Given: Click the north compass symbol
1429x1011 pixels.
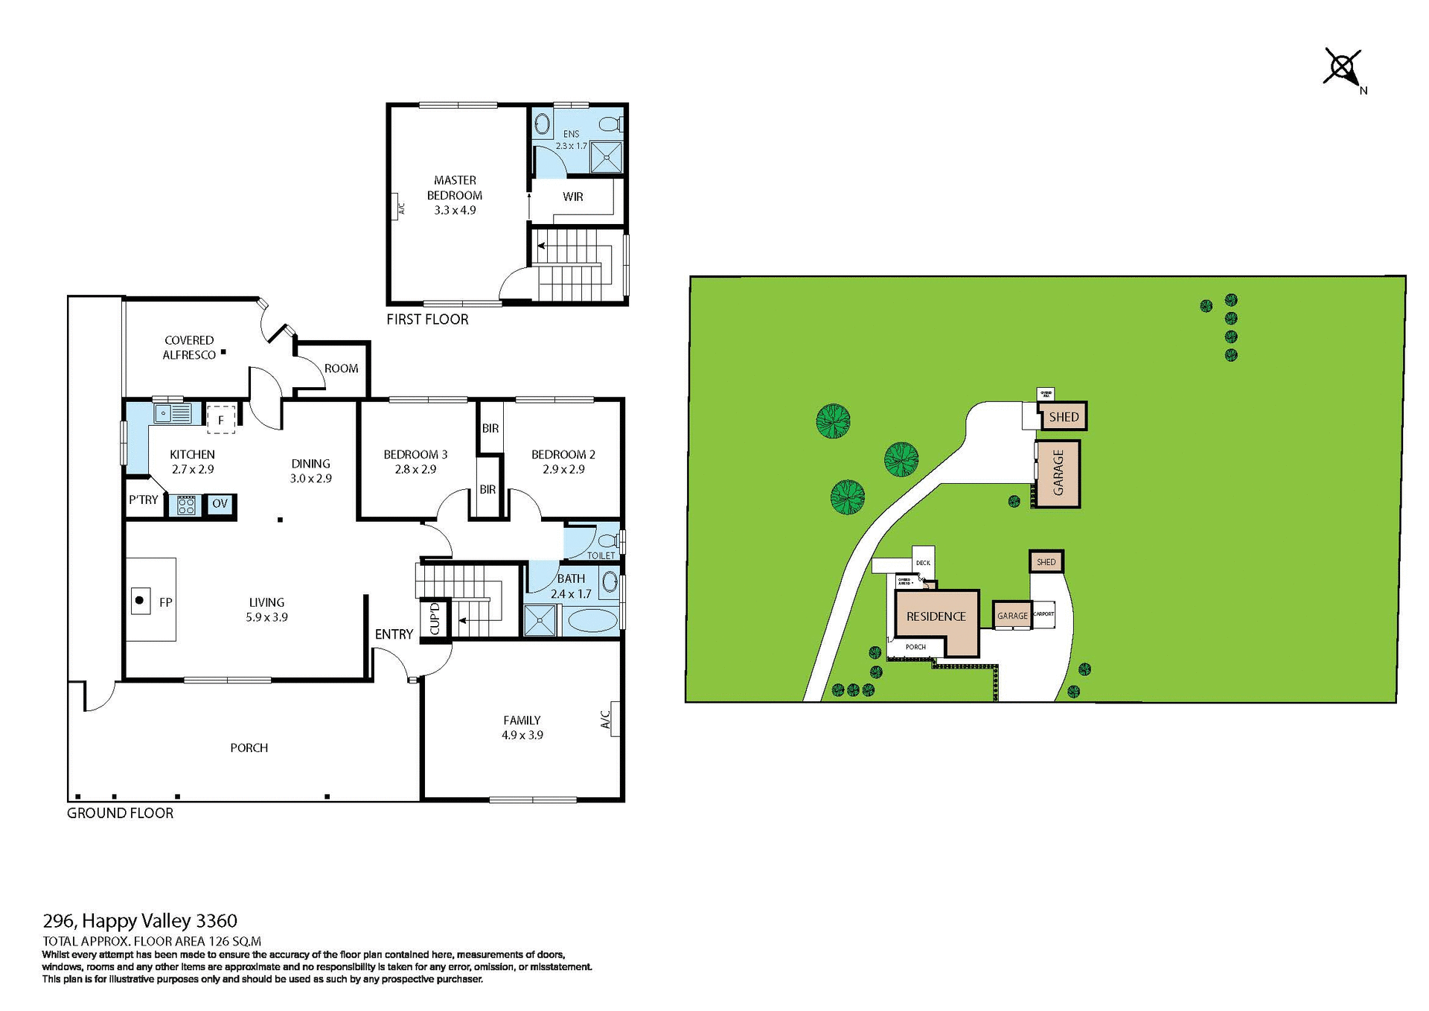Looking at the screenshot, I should (x=1343, y=69).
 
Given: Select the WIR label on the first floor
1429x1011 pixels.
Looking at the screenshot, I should (x=572, y=197).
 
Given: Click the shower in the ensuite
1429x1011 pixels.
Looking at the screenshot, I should (x=607, y=157).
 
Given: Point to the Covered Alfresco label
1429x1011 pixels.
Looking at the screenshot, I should (x=189, y=348).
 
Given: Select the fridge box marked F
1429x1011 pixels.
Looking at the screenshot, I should (x=221, y=420).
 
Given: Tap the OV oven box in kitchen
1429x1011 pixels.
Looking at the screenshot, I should (x=220, y=504).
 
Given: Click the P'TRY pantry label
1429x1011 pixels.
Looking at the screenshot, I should (x=143, y=500).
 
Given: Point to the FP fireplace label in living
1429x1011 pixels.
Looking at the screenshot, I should (x=165, y=602).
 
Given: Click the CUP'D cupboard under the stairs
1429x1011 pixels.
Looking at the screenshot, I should (x=435, y=619).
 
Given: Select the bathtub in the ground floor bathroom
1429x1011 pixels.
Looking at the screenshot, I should (x=592, y=620).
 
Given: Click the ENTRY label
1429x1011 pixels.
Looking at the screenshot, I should (x=394, y=634).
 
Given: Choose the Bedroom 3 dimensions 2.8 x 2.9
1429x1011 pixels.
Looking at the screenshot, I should (x=415, y=470).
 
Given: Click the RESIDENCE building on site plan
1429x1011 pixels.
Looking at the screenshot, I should (x=936, y=617).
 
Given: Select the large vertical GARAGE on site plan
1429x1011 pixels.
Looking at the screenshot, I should (x=1058, y=473).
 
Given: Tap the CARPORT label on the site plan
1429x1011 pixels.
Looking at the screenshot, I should (x=1044, y=614).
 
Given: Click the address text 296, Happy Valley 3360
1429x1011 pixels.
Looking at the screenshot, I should (x=140, y=922).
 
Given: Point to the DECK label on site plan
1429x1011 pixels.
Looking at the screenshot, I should (x=923, y=563).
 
